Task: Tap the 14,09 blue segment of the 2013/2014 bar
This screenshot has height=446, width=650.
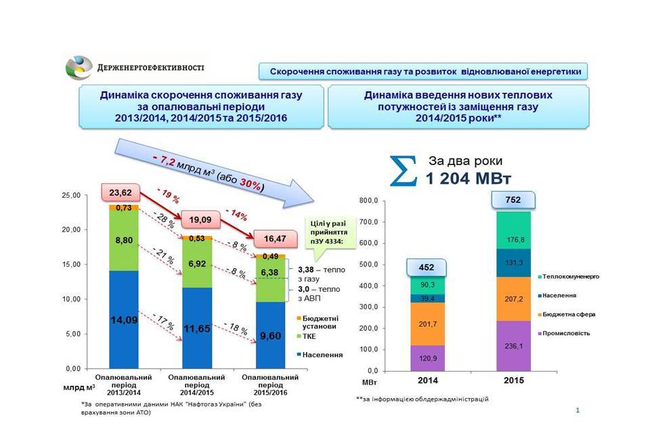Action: [x=124, y=319]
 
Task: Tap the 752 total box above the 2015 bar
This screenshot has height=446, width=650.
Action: [x=515, y=200]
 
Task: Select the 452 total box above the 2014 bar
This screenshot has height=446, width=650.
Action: [x=427, y=267]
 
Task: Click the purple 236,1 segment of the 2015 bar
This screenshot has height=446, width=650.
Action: [x=515, y=345]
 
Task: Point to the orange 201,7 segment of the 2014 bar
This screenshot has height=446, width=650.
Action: [x=427, y=324]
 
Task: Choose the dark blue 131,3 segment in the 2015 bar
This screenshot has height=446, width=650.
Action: [x=515, y=263]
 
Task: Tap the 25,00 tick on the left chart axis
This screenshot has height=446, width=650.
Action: [x=71, y=195]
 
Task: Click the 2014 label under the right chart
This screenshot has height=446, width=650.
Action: [x=427, y=381]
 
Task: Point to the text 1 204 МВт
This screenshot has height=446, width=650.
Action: [x=469, y=179]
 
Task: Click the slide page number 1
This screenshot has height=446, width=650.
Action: [x=577, y=410]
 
